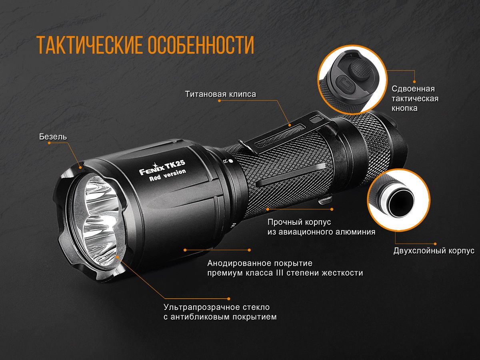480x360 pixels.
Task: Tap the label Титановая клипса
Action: pyautogui.click(x=220, y=94)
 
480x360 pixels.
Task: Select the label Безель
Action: pyautogui.click(x=53, y=137)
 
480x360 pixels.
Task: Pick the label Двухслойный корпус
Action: pyautogui.click(x=434, y=251)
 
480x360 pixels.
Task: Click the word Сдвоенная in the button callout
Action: pyautogui.click(x=413, y=89)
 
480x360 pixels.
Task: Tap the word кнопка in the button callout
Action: pyautogui.click(x=405, y=108)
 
